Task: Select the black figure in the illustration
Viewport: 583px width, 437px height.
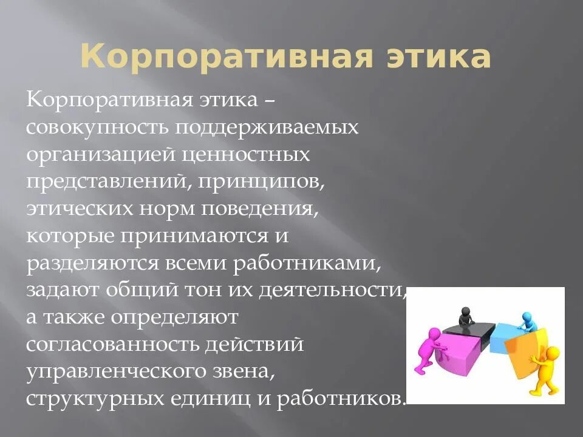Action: click(x=465, y=316)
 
